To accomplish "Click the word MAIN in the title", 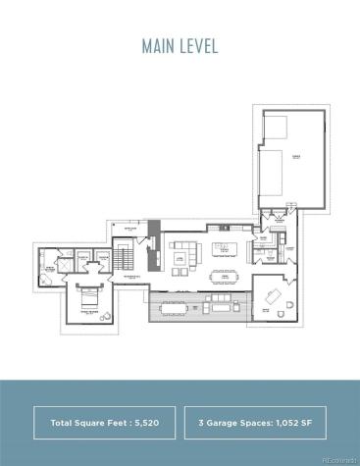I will [158, 46].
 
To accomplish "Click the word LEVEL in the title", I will [198, 46].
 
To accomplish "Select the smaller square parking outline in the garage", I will [275, 129].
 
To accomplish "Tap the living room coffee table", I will [181, 259].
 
